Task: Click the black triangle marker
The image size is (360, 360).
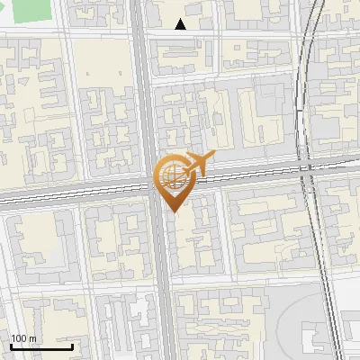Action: (181, 24)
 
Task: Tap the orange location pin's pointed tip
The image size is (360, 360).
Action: (171, 211)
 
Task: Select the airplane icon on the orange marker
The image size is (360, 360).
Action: (199, 163)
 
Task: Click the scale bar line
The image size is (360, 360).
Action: (41, 347)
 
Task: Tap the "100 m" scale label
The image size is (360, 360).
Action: (23, 338)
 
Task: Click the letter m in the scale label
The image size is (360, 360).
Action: (32, 338)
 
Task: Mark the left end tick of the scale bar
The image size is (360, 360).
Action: (11, 346)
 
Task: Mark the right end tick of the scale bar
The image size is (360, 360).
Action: (72, 346)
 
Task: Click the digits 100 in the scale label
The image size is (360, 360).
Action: (19, 338)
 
